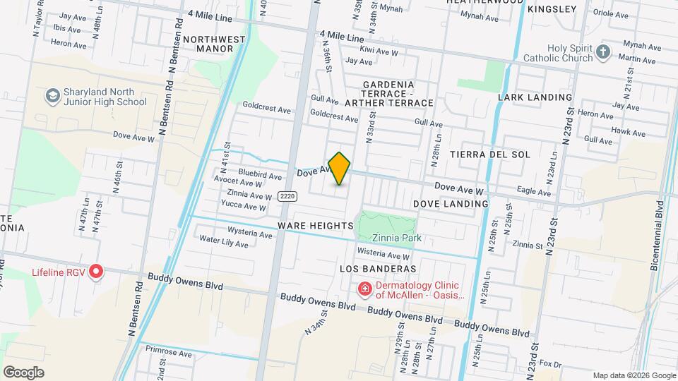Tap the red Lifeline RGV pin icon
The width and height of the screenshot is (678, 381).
coord(96,272)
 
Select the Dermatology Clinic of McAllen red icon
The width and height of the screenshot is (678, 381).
coord(364,289)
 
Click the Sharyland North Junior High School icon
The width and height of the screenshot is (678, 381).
coord(52,95)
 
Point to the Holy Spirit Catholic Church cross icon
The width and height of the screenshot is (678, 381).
coord(602,52)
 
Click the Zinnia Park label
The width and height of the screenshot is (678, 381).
coord(397,238)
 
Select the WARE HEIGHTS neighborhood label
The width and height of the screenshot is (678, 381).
coord(315,225)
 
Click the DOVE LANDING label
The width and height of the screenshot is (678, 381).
coord(451,204)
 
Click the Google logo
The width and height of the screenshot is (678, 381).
coord(23,372)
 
